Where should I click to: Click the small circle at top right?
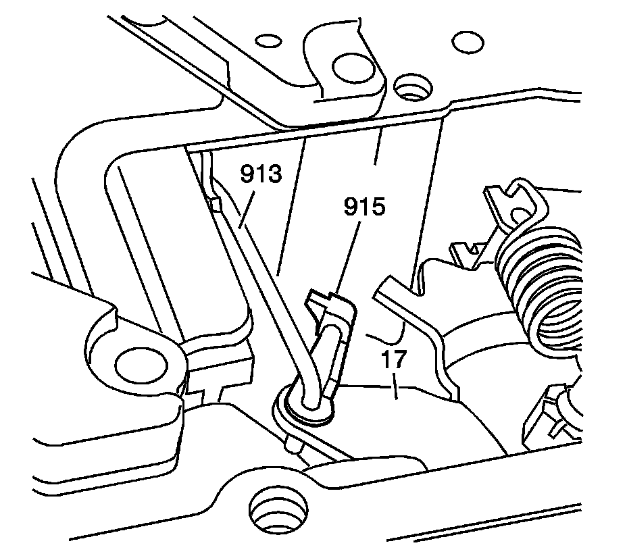tap(463, 43)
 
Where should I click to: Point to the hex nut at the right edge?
tap(551, 415)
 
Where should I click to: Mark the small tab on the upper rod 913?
tap(216, 203)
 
